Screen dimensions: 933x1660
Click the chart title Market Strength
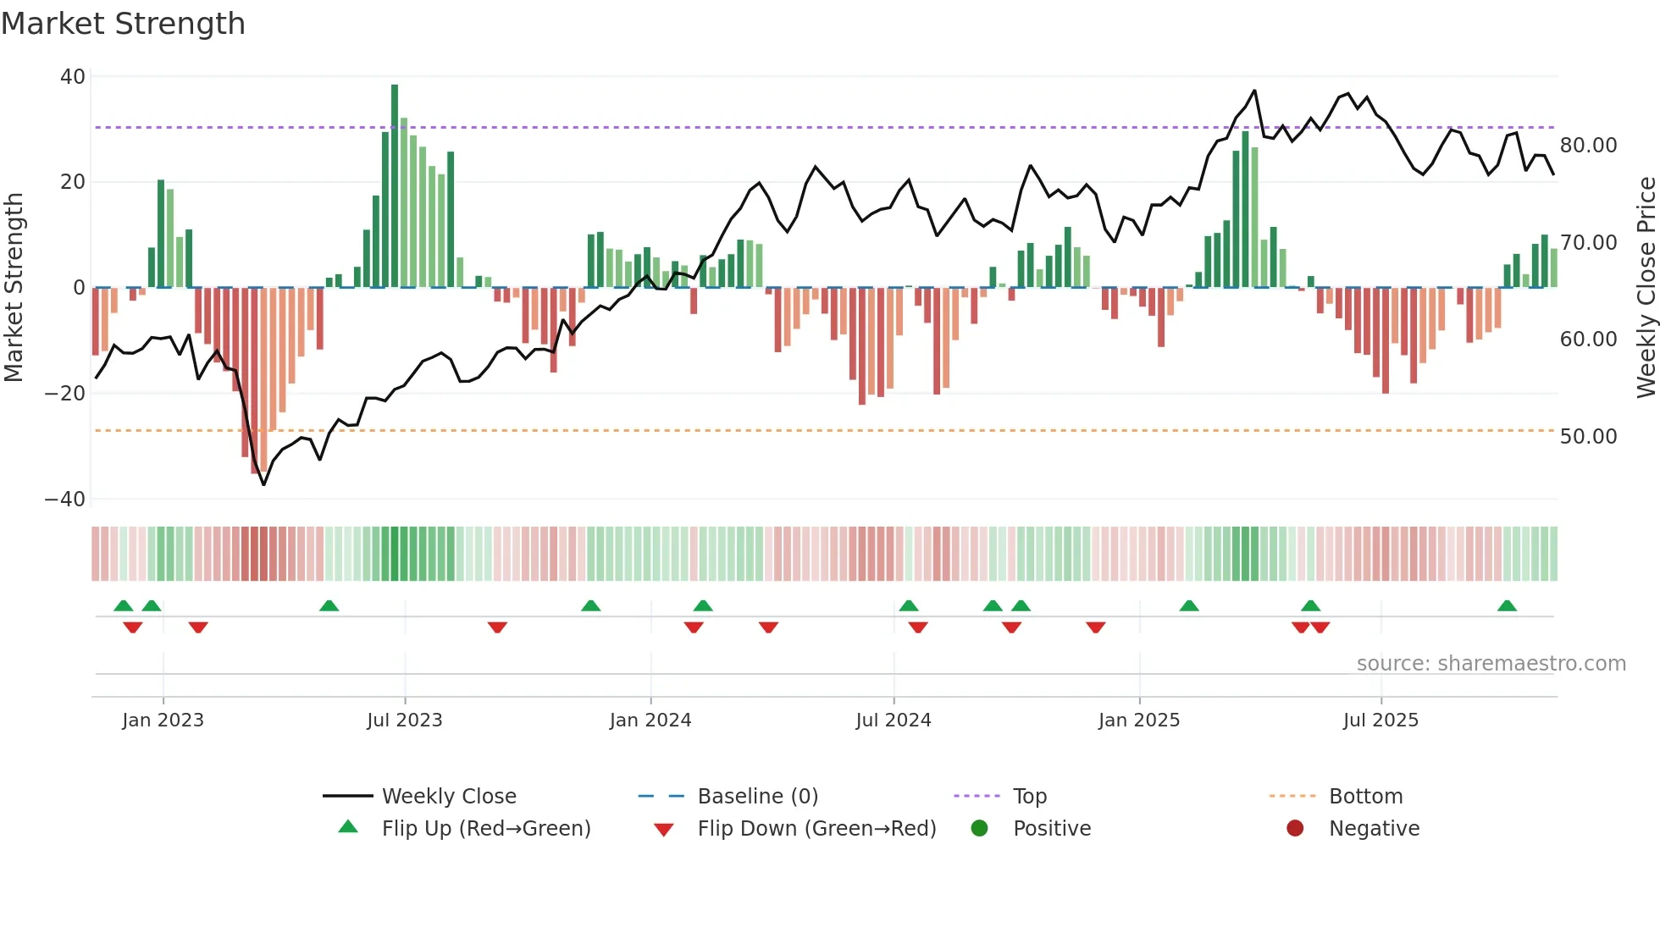pyautogui.click(x=123, y=24)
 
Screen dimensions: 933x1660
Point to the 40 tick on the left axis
pyautogui.click(x=73, y=77)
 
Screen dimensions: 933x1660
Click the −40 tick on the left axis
pyautogui.click(x=65, y=500)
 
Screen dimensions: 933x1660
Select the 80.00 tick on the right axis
pyautogui.click(x=1588, y=146)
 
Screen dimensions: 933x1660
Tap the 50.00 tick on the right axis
pyautogui.click(x=1588, y=437)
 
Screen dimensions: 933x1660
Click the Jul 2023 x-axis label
pyautogui.click(x=404, y=720)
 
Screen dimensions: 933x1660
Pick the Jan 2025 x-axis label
pyautogui.click(x=1138, y=720)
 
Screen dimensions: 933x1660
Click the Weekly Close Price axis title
pyautogui.click(x=1646, y=287)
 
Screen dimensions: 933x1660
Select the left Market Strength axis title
pyautogui.click(x=14, y=287)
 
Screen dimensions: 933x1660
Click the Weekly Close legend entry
pyautogui.click(x=448, y=797)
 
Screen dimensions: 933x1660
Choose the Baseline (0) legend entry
pyautogui.click(x=757, y=797)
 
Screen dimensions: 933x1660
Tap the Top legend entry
pyautogui.click(x=1029, y=797)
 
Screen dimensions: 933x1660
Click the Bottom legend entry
pyautogui.click(x=1365, y=797)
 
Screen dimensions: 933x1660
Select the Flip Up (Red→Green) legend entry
pyautogui.click(x=485, y=829)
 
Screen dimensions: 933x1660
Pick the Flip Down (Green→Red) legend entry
pyautogui.click(x=816, y=829)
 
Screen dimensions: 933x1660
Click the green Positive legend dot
pyautogui.click(x=980, y=829)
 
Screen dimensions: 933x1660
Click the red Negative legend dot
pyautogui.click(x=1295, y=829)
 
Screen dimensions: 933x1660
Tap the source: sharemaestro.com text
pyautogui.click(x=1491, y=664)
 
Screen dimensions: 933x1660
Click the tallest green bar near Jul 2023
pyautogui.click(x=395, y=186)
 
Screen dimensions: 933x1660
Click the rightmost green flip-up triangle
pyautogui.click(x=1507, y=606)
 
